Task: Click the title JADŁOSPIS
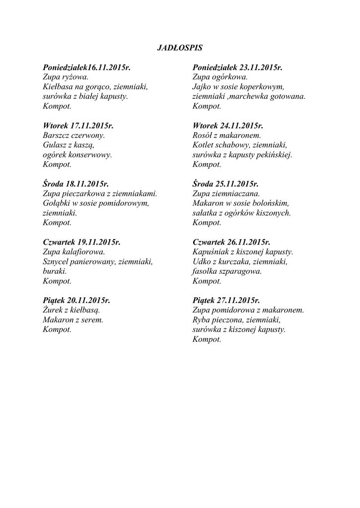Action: pyautogui.click(x=180, y=48)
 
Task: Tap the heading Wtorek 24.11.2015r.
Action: pyautogui.click(x=227, y=126)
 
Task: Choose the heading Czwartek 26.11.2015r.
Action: pyautogui.click(x=231, y=243)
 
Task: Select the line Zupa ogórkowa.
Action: pyautogui.click(x=219, y=77)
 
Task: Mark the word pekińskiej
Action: pyautogui.click(x=274, y=155)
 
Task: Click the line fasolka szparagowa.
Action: pyautogui.click(x=227, y=271)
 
